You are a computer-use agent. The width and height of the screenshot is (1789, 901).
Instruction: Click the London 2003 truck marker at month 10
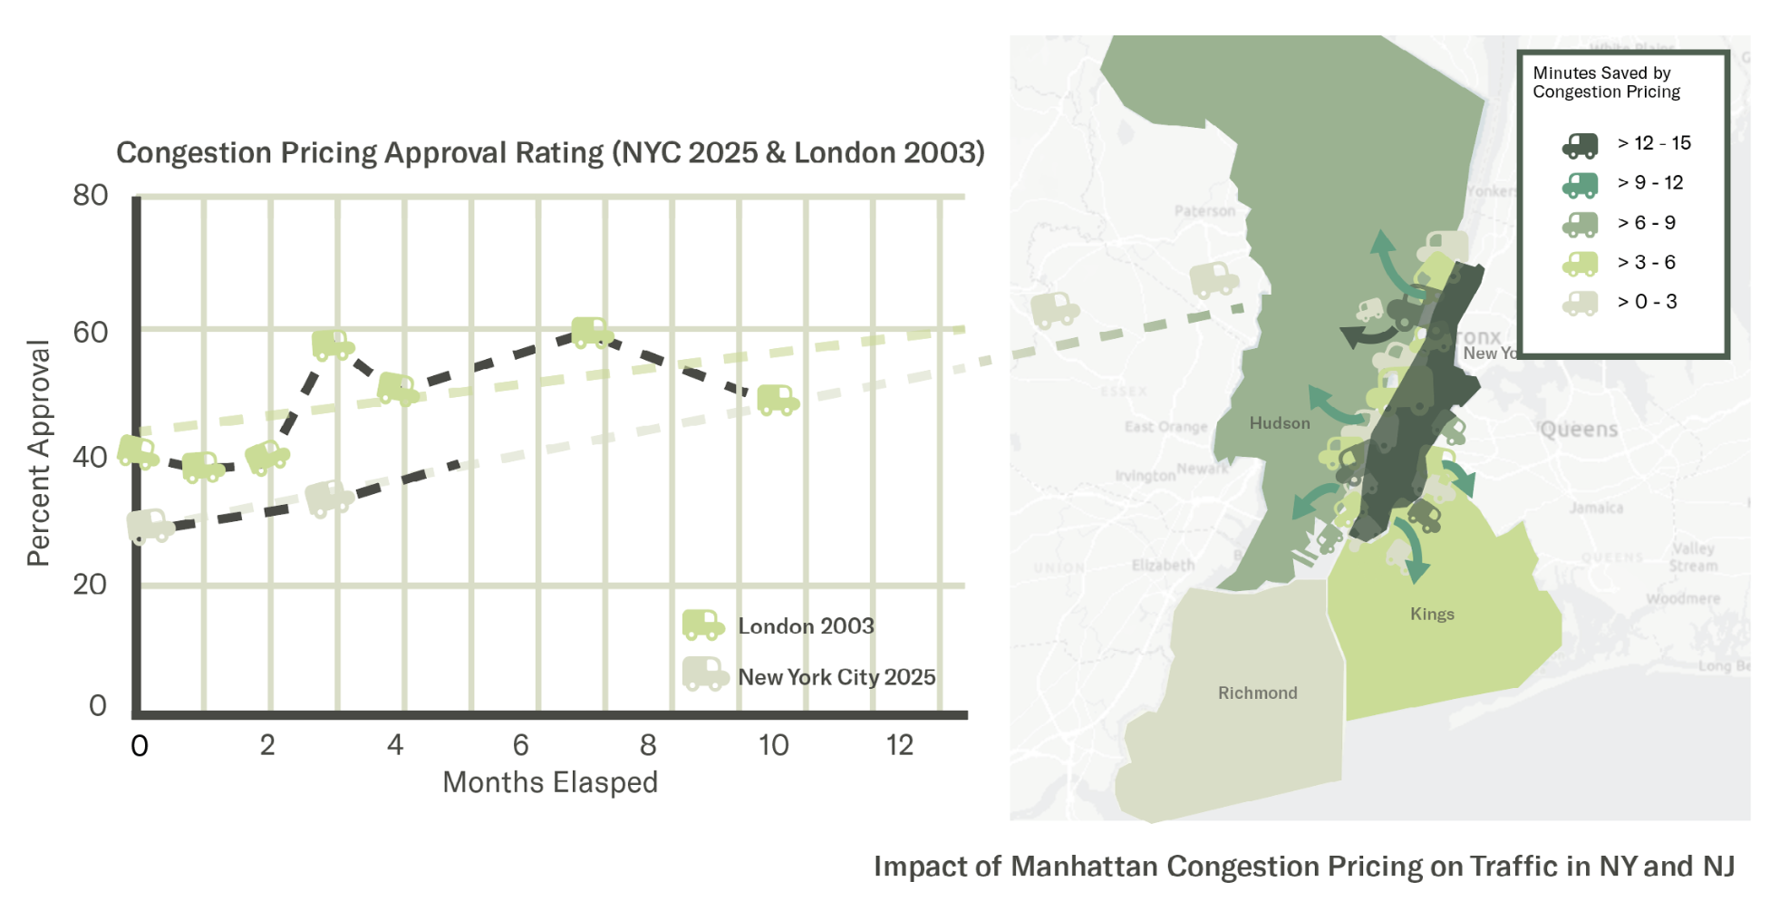click(778, 400)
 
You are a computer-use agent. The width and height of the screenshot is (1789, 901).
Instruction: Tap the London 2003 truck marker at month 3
click(333, 345)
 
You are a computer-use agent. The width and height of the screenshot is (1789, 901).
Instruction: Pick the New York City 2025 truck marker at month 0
click(150, 526)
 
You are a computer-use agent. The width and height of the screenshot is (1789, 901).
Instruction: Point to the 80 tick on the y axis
click(91, 195)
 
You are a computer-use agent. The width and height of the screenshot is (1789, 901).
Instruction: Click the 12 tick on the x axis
click(899, 745)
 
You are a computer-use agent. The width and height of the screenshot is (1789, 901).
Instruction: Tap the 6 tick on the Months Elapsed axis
click(520, 745)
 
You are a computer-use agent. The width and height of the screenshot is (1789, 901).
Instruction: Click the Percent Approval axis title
click(38, 453)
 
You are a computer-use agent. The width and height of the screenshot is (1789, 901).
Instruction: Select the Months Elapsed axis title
click(550, 782)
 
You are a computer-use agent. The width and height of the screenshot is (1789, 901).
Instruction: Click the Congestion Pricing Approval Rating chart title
click(550, 152)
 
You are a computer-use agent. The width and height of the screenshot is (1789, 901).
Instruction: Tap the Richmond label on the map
click(1257, 693)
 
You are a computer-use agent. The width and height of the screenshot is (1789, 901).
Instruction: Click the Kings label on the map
click(1432, 614)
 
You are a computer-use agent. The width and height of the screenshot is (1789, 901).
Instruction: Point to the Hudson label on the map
click(1279, 422)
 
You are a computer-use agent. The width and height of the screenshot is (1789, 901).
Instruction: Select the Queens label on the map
click(1579, 429)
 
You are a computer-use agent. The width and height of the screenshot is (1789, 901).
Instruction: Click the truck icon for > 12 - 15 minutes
click(1580, 144)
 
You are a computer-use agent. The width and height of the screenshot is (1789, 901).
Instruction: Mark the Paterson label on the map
click(1204, 211)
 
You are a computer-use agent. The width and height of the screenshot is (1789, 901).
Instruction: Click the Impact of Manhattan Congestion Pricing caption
click(1303, 866)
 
